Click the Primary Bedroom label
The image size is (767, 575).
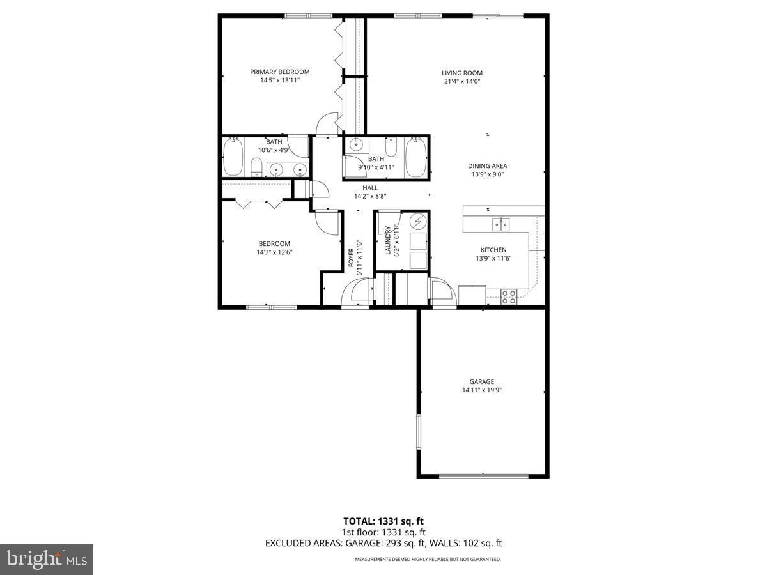[x=279, y=72]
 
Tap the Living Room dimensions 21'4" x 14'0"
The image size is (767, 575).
[x=461, y=82]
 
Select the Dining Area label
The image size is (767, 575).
[x=487, y=166]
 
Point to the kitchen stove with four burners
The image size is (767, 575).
[x=509, y=297]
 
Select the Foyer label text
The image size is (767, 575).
[x=351, y=257]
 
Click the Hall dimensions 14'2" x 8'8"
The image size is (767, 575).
[x=370, y=197]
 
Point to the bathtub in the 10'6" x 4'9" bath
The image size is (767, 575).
[x=233, y=157]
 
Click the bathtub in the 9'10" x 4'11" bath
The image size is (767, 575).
[x=416, y=157]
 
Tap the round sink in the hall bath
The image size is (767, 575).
[x=357, y=145]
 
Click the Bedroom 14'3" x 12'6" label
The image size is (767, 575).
[x=274, y=243]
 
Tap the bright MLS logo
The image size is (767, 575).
[x=47, y=559]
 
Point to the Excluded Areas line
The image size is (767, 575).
[x=383, y=543]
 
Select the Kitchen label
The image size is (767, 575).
[x=493, y=250]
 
